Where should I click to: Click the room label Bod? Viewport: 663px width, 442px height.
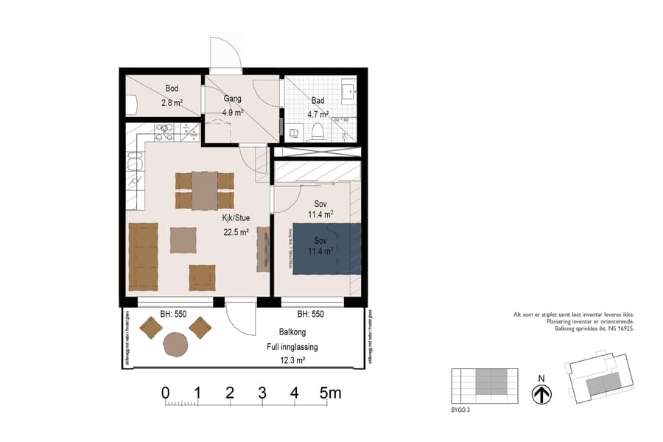171,88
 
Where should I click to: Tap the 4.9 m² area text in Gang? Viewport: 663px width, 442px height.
233,113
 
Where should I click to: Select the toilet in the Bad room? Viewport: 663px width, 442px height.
318,131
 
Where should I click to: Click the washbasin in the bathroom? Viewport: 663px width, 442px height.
349,93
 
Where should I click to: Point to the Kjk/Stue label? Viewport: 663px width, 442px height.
236,217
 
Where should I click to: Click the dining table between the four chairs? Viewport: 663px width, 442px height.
204,191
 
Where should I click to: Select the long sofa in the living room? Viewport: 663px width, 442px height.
143,257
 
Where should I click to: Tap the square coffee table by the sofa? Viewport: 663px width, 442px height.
183,240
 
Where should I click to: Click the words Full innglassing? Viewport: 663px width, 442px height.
292,346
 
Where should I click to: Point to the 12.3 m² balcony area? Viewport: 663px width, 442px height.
292,360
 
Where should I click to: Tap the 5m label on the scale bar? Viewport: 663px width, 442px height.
330,393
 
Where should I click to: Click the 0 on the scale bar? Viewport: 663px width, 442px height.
166,393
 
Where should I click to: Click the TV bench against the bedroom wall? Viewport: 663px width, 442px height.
263,250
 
